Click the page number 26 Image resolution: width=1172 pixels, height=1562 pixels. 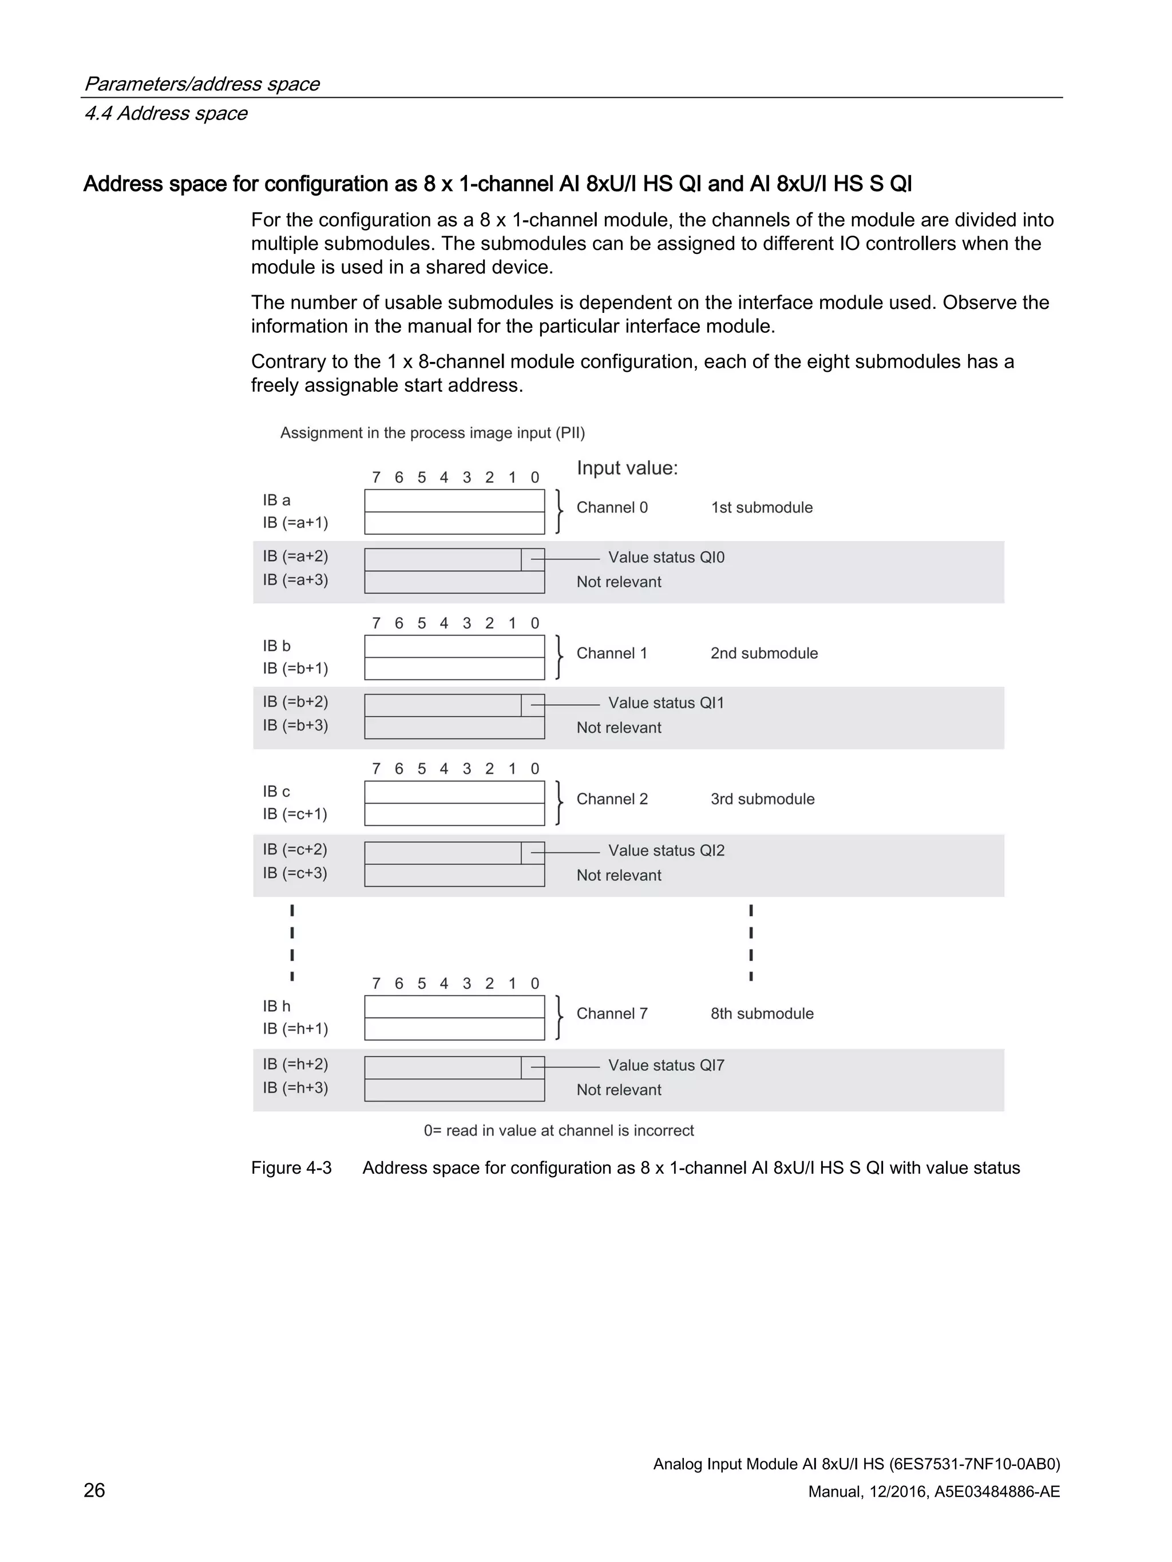coord(94,1489)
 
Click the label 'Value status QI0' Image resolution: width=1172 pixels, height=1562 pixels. coord(666,557)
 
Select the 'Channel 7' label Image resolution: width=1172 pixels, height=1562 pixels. coord(612,1013)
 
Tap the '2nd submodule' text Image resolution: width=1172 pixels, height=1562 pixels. coord(763,653)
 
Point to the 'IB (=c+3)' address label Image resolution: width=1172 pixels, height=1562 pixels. coord(295,873)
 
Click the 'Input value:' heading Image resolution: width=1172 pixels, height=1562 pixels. coord(627,468)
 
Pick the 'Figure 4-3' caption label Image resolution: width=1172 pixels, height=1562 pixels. coord(291,1168)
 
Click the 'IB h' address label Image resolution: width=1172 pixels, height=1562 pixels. coord(276,1005)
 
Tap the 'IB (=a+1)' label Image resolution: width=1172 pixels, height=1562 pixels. coord(295,523)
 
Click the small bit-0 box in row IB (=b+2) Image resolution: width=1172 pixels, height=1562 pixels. coord(533,705)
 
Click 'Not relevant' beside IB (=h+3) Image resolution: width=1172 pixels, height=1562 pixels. coord(619,1090)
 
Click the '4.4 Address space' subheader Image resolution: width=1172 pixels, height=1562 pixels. coord(165,113)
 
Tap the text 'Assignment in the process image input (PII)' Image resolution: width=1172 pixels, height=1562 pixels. coord(433,433)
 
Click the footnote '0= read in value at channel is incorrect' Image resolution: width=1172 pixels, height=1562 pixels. coord(558,1131)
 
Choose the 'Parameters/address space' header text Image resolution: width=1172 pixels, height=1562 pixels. coord(201,84)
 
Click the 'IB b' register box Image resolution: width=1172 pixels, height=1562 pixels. coord(454,646)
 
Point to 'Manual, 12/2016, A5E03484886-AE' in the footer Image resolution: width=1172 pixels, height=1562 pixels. coord(933,1492)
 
